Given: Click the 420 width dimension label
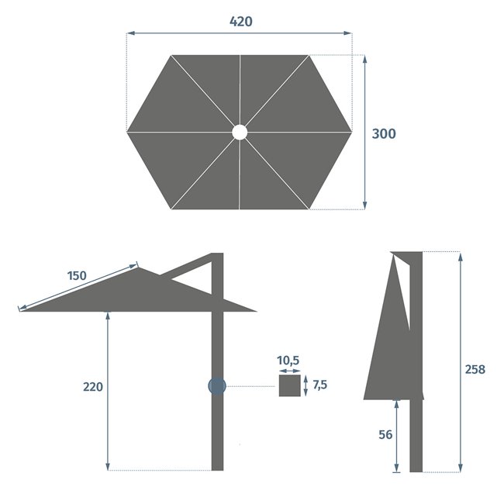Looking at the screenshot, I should tap(240, 22).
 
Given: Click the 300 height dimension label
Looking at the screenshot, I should tap(384, 134).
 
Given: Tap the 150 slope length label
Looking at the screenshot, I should tap(77, 276).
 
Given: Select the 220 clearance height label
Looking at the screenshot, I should tap(93, 387).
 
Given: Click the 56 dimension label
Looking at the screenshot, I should tap(385, 435).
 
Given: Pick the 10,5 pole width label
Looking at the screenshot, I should tap(288, 361).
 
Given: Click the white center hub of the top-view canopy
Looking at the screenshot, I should tap(240, 133).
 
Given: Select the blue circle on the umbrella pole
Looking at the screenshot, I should tap(217, 385).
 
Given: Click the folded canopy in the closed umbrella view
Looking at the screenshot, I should tap(388, 341).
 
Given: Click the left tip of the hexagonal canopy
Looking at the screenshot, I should tap(128, 132).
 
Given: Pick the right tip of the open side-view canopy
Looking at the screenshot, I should tap(254, 311).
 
